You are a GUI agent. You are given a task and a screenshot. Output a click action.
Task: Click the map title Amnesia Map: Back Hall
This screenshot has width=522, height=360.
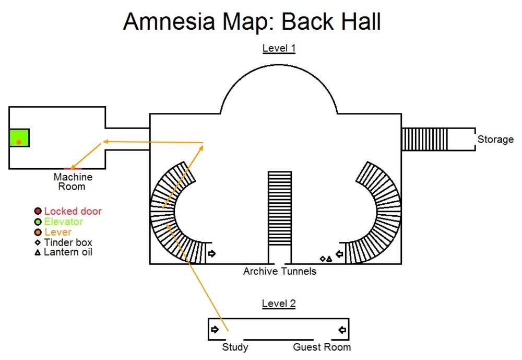coord(252,22)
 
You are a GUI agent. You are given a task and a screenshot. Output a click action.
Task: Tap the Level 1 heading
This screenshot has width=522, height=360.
coord(279,49)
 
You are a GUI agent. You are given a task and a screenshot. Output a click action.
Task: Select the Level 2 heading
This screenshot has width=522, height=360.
coord(279,303)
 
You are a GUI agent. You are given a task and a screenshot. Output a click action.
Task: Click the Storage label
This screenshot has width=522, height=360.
coord(495,140)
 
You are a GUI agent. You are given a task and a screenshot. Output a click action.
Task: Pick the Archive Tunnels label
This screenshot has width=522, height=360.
coord(280,271)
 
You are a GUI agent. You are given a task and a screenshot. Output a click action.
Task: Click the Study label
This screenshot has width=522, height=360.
coord(235,347)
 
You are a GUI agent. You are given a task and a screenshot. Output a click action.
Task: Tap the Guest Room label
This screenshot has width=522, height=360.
coord(322,347)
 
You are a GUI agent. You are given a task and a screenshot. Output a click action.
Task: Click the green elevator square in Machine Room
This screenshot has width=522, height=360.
coord(19,137)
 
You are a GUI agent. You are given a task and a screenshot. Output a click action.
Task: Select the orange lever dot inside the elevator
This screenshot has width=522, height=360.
coord(19,142)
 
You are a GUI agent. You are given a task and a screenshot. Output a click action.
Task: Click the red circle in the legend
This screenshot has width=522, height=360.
coord(38,212)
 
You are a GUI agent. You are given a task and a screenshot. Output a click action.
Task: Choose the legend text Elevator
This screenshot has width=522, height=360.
coord(63,222)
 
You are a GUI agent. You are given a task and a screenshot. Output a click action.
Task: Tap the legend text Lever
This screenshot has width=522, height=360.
coord(57,233)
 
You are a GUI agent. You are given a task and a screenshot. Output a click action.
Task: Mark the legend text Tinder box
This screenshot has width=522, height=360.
coord(68,242)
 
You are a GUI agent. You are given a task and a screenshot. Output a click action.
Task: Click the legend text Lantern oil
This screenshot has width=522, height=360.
coord(68,252)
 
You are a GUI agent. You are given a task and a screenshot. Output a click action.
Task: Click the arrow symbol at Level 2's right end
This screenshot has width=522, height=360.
coord(342,330)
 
